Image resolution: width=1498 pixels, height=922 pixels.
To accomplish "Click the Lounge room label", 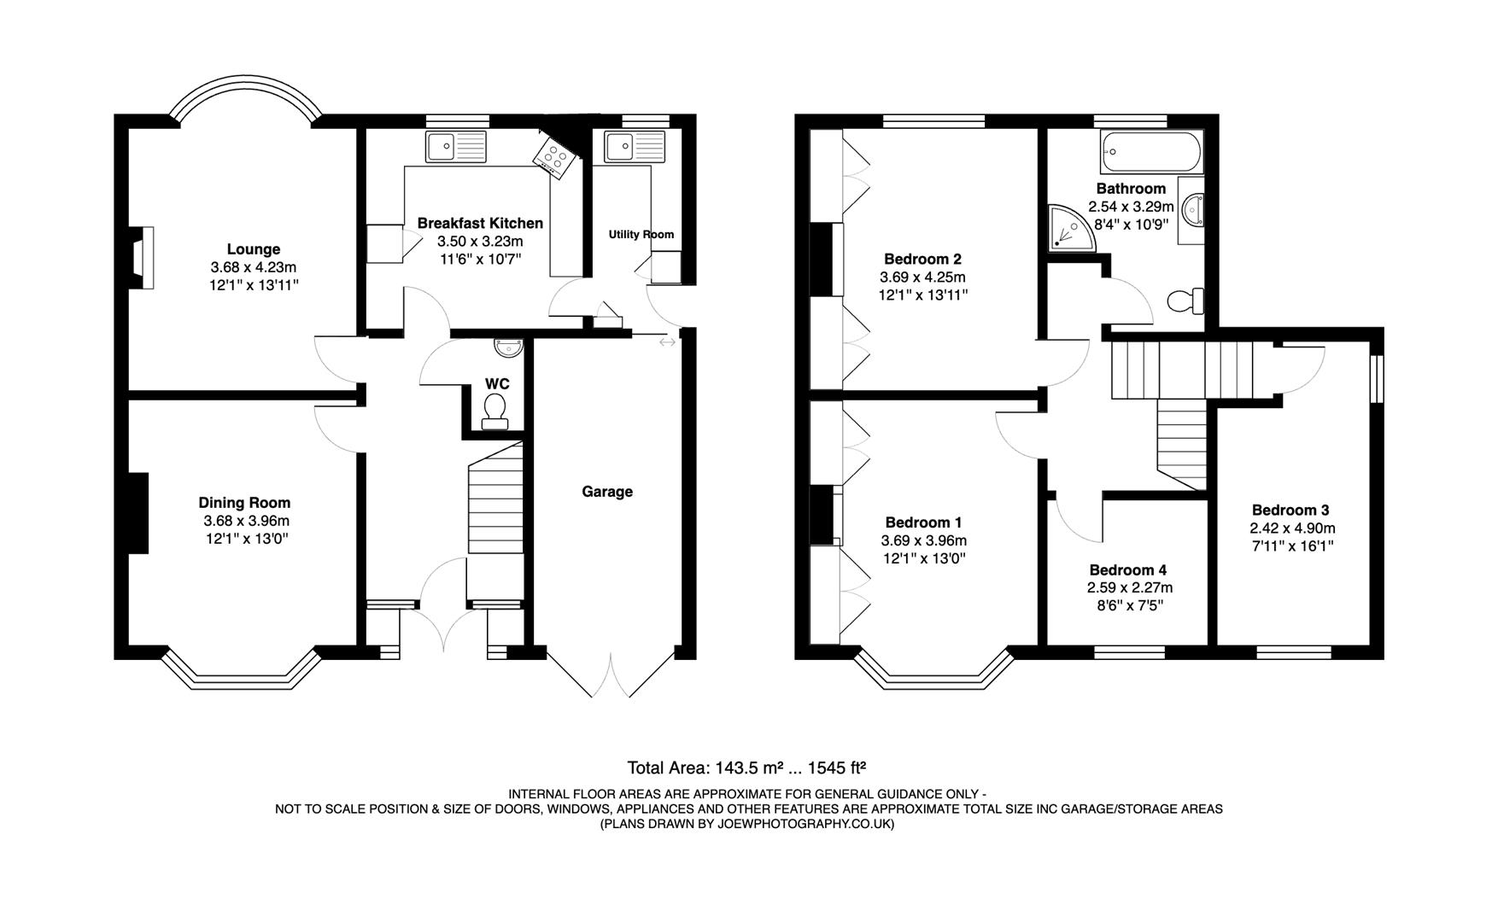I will pyautogui.click(x=253, y=249).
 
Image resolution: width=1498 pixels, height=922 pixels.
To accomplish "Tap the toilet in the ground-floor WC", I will pyautogui.click(x=494, y=409).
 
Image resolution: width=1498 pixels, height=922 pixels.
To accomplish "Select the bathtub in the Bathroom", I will pyautogui.click(x=1152, y=154).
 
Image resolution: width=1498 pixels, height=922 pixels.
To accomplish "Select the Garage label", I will pyautogui.click(x=607, y=492).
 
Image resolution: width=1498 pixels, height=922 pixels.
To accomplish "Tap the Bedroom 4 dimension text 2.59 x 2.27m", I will pyautogui.click(x=1129, y=587).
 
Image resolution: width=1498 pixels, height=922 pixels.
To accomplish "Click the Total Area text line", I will pyautogui.click(x=746, y=767).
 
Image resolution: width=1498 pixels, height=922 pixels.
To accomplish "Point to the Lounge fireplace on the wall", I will pyautogui.click(x=143, y=258).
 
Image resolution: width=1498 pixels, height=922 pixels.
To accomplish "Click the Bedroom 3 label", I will pyautogui.click(x=1290, y=511).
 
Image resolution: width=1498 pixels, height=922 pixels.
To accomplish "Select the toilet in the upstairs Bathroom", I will pyautogui.click(x=1185, y=301).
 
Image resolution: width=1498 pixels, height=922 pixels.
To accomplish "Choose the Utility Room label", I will pyautogui.click(x=641, y=234).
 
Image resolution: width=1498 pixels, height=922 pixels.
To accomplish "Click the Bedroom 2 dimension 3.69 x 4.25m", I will pyautogui.click(x=922, y=277).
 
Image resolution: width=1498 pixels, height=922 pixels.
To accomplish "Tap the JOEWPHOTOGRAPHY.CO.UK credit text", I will pyautogui.click(x=747, y=824).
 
